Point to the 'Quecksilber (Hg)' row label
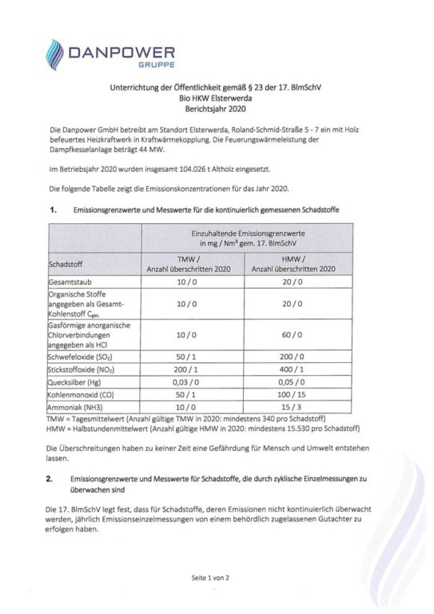pyautogui.click(x=78, y=383)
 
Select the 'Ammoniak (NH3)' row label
pyautogui.click(x=78, y=407)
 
